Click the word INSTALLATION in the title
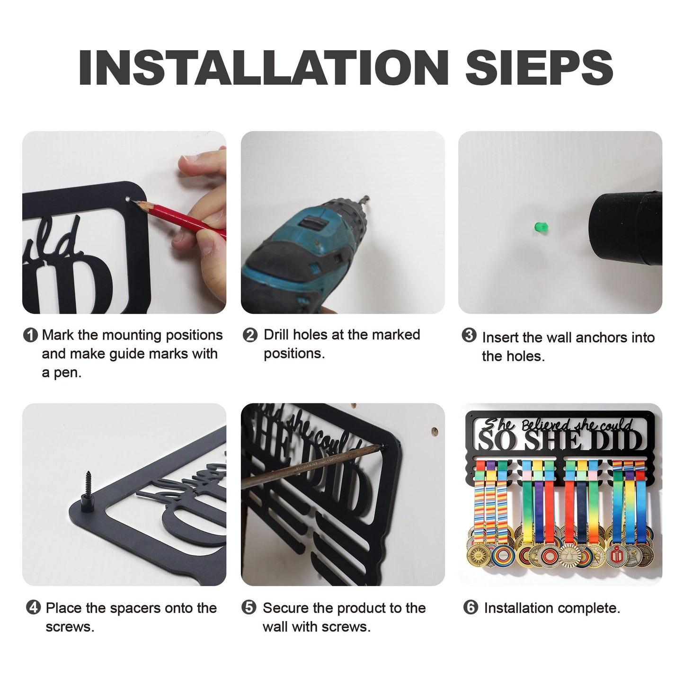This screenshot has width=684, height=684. coord(264,67)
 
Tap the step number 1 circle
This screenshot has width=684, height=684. coord(30,335)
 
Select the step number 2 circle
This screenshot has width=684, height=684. coord(250,335)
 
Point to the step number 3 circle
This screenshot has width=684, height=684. coord(469,335)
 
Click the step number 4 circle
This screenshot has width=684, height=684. coord(33,607)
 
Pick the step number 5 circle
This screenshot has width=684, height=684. coord(249,607)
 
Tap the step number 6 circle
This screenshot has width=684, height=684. coord(471,607)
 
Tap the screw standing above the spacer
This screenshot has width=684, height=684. coord(88,483)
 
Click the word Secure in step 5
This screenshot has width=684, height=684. coord(286,608)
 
